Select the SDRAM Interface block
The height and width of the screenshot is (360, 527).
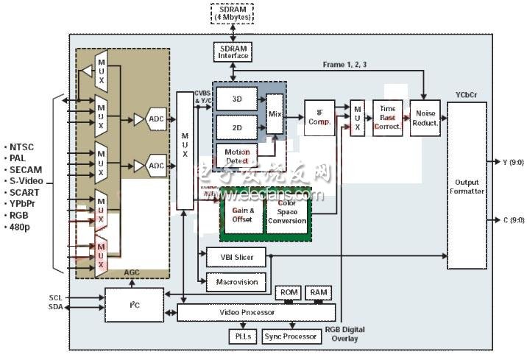coord(233,52)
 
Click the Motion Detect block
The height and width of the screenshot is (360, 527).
coord(238,156)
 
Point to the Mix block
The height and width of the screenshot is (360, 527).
coord(275,114)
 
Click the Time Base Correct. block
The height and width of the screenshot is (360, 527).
coord(387,116)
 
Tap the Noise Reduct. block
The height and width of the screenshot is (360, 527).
coord(427,116)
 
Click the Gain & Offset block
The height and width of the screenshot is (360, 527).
coord(242,214)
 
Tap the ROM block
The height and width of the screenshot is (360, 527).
coord(288,292)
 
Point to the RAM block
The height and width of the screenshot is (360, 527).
coord(318,292)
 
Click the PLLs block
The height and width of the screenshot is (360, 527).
coord(242,336)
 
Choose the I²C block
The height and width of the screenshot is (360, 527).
coord(134,305)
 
